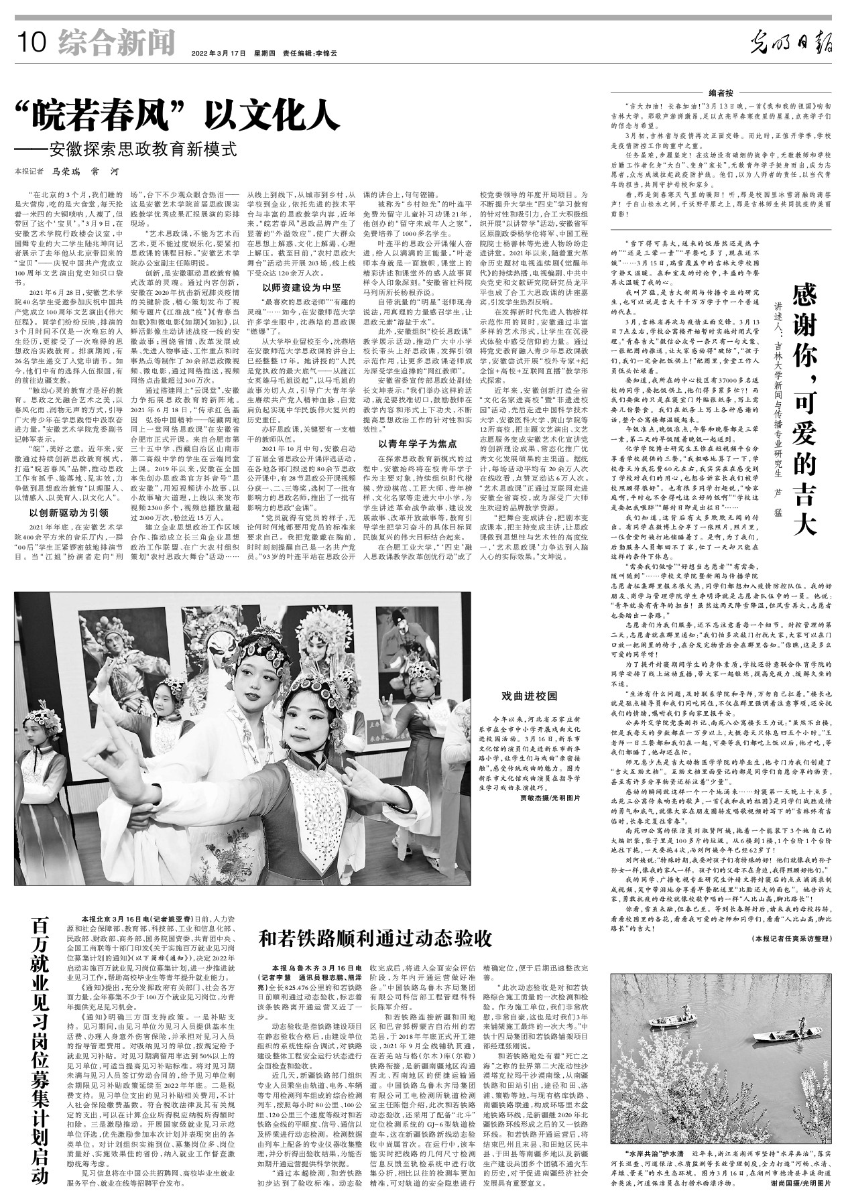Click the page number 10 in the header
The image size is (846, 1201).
32,44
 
